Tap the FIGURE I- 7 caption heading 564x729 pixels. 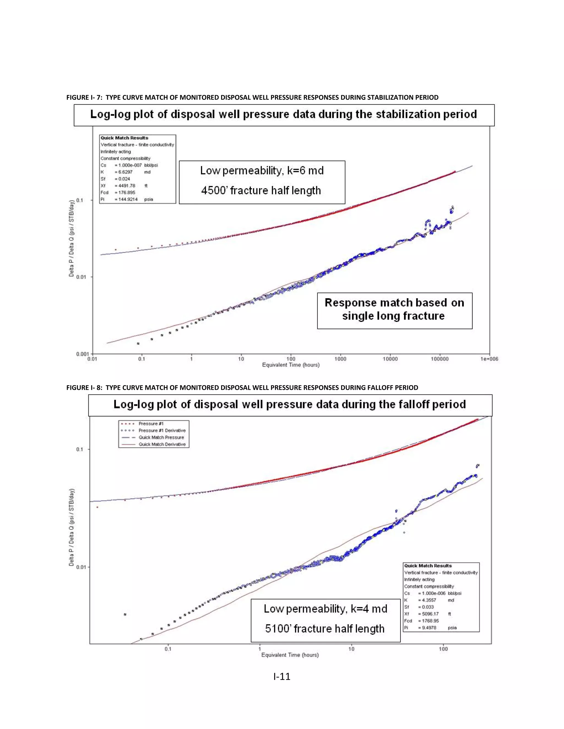[252, 97]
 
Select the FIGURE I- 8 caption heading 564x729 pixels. [242, 388]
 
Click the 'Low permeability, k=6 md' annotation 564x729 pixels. [262, 171]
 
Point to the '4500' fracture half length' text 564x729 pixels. [261, 191]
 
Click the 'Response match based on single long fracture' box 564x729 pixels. [394, 309]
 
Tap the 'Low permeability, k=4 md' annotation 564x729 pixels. [326, 609]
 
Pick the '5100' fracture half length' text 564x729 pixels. [325, 629]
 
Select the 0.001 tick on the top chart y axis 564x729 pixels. [82, 354]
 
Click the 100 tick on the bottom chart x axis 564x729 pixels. [443, 649]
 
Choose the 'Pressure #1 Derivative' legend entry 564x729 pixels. [162, 431]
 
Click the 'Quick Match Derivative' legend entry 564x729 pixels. [162, 444]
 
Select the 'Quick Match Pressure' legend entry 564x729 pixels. [161, 438]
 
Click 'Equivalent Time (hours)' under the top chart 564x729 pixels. [291, 365]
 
